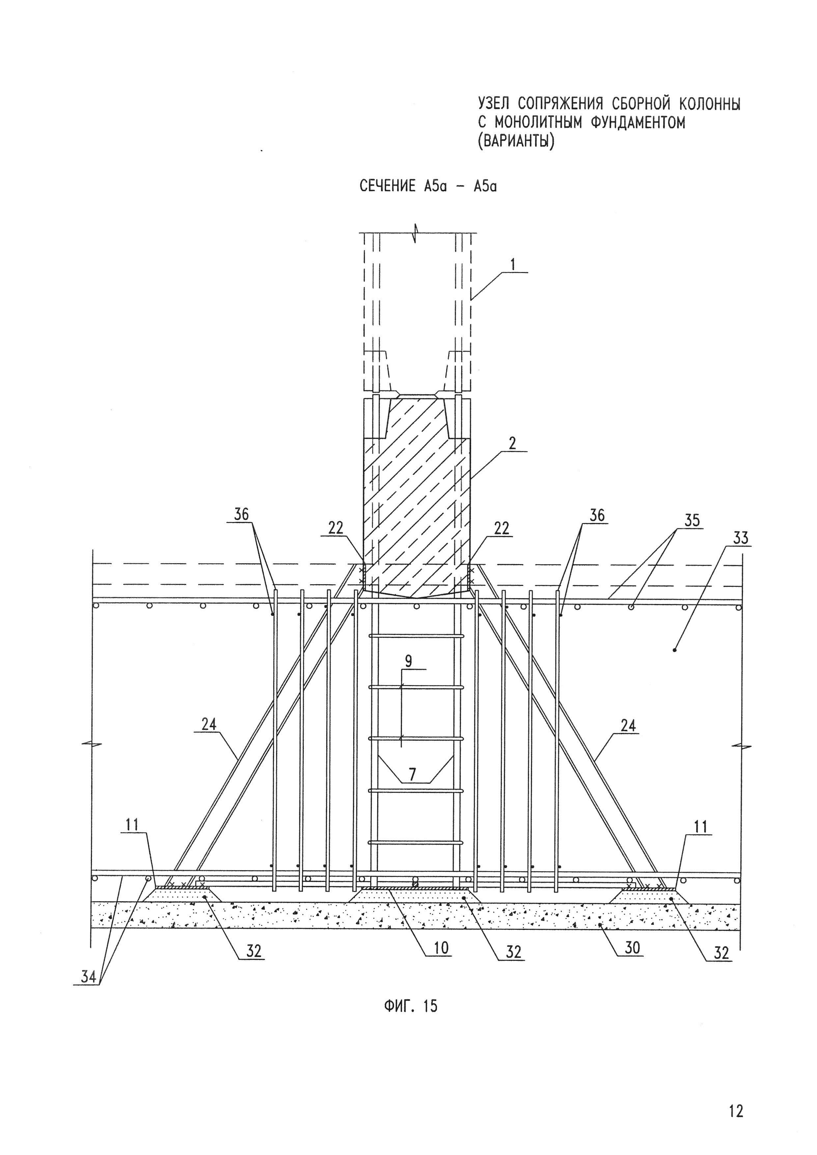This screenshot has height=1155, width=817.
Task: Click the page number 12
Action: point(736,1097)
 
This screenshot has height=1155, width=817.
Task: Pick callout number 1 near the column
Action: point(513,264)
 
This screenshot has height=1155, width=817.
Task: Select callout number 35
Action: point(692,521)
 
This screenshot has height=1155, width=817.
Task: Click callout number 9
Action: point(408,661)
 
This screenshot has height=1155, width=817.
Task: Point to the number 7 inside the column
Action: point(412,775)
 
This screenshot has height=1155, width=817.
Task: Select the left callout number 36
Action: point(241,515)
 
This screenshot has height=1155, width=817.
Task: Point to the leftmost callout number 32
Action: point(254,952)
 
